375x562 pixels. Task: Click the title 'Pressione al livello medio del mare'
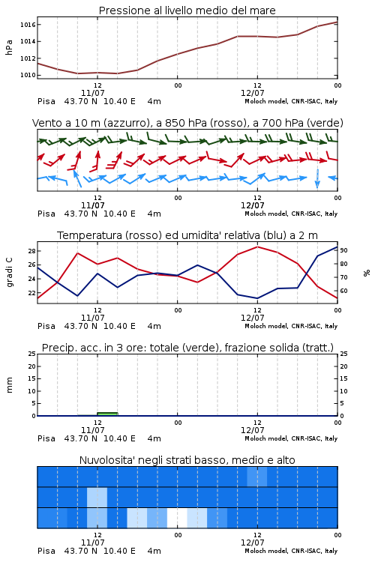(187, 10)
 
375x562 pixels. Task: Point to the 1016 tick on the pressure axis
(28, 25)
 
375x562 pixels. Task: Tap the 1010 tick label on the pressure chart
(28, 75)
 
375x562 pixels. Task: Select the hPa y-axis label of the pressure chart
(9, 47)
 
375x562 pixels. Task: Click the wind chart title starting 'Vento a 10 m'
(187, 123)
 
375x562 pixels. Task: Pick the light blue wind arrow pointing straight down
(317, 178)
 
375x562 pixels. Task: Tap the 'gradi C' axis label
(9, 273)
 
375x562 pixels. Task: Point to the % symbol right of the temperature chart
(367, 273)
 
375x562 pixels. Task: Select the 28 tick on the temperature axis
(31, 251)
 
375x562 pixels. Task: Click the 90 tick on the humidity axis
(343, 250)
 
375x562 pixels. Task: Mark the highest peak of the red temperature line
(257, 247)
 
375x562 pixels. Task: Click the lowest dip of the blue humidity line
(257, 298)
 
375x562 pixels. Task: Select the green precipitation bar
(108, 414)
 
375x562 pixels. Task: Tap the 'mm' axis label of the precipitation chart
(9, 385)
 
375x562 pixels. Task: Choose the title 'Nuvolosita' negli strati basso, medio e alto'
(187, 460)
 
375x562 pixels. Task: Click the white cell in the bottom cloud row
(177, 518)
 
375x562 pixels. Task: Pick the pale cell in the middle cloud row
(97, 497)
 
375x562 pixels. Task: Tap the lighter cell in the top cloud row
(257, 477)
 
